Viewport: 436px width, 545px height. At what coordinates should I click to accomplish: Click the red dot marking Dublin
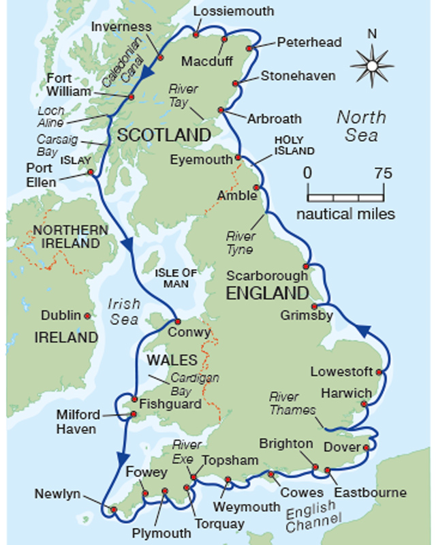pyautogui.click(x=87, y=316)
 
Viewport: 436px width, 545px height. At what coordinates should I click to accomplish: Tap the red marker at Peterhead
pyautogui.click(x=250, y=48)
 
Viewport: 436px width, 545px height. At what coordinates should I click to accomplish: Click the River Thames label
pyautogui.click(x=292, y=403)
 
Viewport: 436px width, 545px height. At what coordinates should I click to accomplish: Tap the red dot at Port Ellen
pyautogui.click(x=90, y=172)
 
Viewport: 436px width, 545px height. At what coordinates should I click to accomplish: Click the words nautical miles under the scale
pyautogui.click(x=345, y=214)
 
